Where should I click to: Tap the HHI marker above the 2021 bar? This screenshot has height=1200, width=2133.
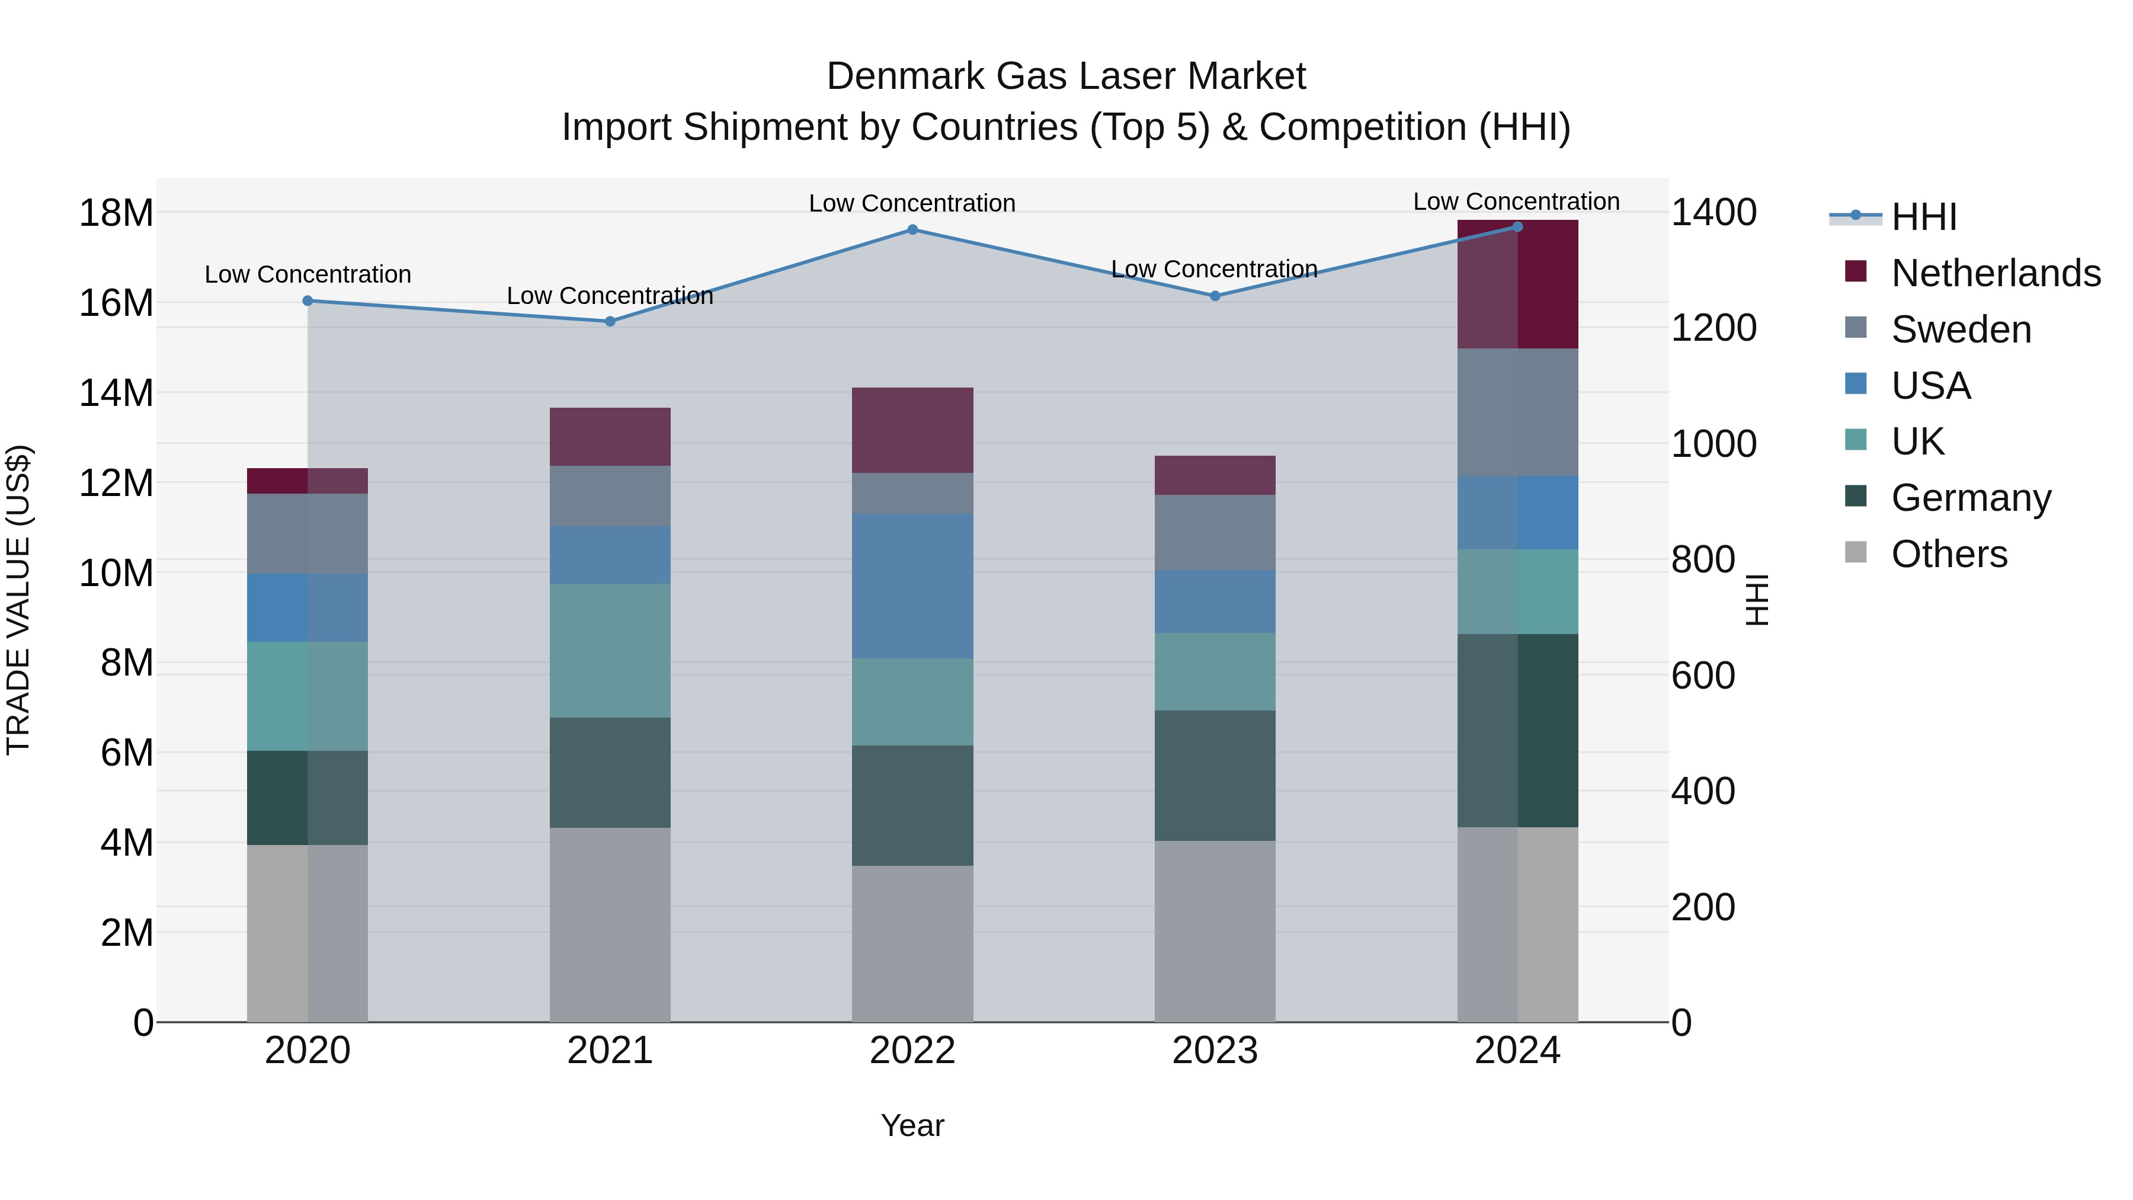click(610, 321)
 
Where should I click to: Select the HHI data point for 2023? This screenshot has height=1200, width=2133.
click(1215, 296)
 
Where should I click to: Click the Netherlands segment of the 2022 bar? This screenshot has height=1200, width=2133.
click(912, 431)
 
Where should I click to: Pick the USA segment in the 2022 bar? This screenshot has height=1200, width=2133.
click(912, 585)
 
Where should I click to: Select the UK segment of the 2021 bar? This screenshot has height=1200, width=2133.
click(610, 651)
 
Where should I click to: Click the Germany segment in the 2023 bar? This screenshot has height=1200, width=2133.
click(1215, 775)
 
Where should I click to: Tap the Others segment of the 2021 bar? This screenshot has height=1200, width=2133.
click(610, 924)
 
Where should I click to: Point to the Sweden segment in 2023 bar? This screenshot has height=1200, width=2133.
click(1215, 533)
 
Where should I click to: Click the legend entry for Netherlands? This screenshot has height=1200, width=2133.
click(1996, 273)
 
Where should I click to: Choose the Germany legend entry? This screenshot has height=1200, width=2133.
click(1971, 498)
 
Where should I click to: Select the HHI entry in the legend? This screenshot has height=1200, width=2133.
click(1923, 217)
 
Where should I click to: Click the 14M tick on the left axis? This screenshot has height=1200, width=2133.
click(116, 392)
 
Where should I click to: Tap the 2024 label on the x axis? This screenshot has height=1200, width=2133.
click(1517, 1051)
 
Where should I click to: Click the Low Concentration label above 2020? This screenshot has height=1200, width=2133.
click(308, 274)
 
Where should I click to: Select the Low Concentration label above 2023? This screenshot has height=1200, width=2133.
click(1214, 269)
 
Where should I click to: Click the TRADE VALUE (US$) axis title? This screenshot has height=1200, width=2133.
click(18, 600)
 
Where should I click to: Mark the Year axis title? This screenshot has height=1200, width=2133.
click(912, 1125)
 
